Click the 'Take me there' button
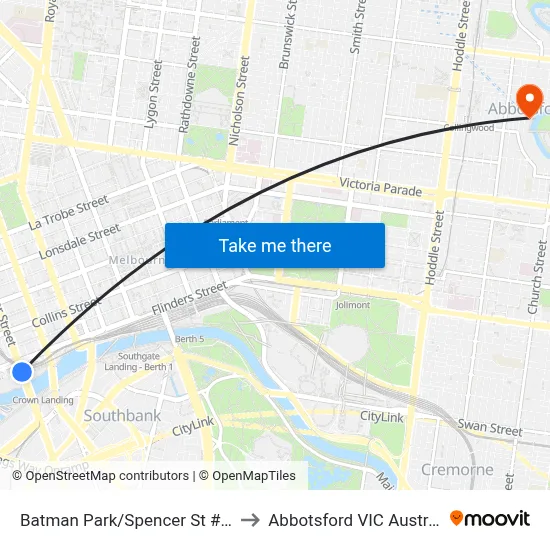click(275, 245)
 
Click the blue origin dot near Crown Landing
click(21, 372)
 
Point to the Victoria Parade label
click(380, 186)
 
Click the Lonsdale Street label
click(80, 242)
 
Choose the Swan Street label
click(490, 428)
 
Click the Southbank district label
click(122, 415)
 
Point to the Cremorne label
click(457, 469)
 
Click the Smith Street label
click(355, 27)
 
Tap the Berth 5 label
click(190, 340)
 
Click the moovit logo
click(490, 518)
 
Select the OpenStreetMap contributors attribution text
click(108, 476)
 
